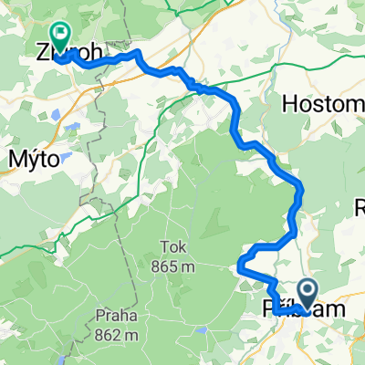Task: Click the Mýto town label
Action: (34, 158)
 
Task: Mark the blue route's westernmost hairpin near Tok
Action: (239, 266)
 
